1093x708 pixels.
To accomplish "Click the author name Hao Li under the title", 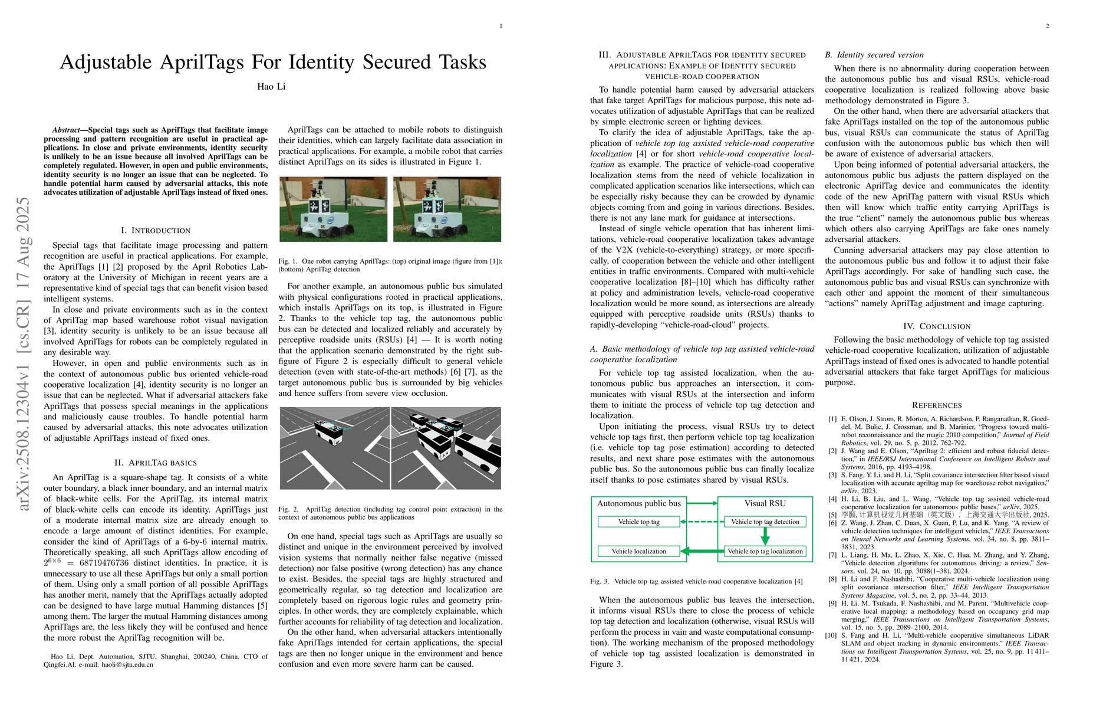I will point(271,87).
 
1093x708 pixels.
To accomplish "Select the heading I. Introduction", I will point(156,231).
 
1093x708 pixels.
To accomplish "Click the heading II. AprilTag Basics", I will point(156,463).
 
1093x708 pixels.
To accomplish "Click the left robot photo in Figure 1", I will point(334,209).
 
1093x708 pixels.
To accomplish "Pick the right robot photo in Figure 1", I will point(447,209).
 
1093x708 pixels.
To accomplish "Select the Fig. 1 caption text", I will point(390,265).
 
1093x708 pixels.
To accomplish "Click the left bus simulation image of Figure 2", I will point(334,448).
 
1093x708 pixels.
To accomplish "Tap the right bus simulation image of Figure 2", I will point(446,448).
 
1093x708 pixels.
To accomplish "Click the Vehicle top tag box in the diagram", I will point(638,522).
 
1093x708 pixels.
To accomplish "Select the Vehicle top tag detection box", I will point(765,522).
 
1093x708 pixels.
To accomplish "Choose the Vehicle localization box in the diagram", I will point(638,552).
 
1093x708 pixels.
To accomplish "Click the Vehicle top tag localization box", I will point(765,552).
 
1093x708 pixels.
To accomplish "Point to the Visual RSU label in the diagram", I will point(765,504).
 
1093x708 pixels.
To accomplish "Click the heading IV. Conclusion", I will point(937,326).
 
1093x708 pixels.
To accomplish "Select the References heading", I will point(937,405).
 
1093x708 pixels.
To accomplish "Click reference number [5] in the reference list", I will point(832,515).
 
